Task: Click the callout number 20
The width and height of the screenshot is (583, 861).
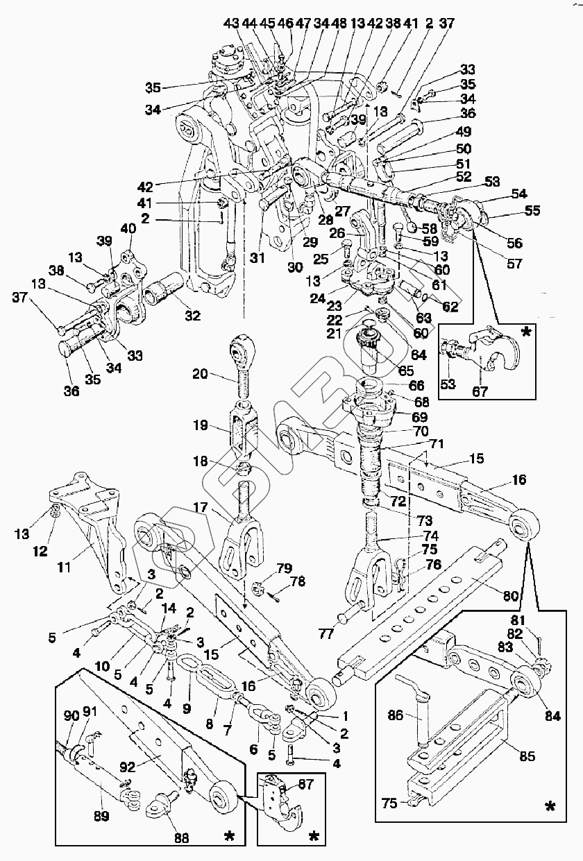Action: pos(200,374)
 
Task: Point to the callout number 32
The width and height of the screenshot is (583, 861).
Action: pos(192,316)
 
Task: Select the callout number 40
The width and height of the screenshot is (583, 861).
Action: pos(129,229)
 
